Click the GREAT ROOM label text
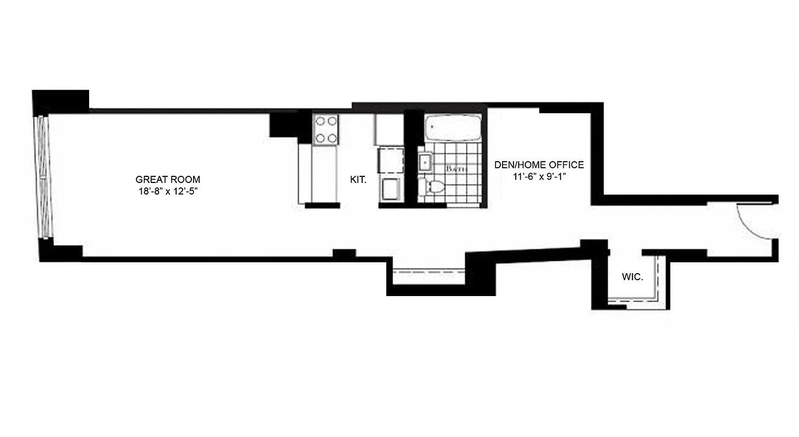168,179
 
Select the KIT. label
358,179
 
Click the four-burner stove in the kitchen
325,129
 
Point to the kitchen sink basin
390,190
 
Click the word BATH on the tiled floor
455,169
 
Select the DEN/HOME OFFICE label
539,164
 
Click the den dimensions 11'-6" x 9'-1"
539,176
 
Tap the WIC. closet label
632,277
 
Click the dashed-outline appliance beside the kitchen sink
390,159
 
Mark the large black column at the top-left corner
60,102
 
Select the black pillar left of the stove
284,125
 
